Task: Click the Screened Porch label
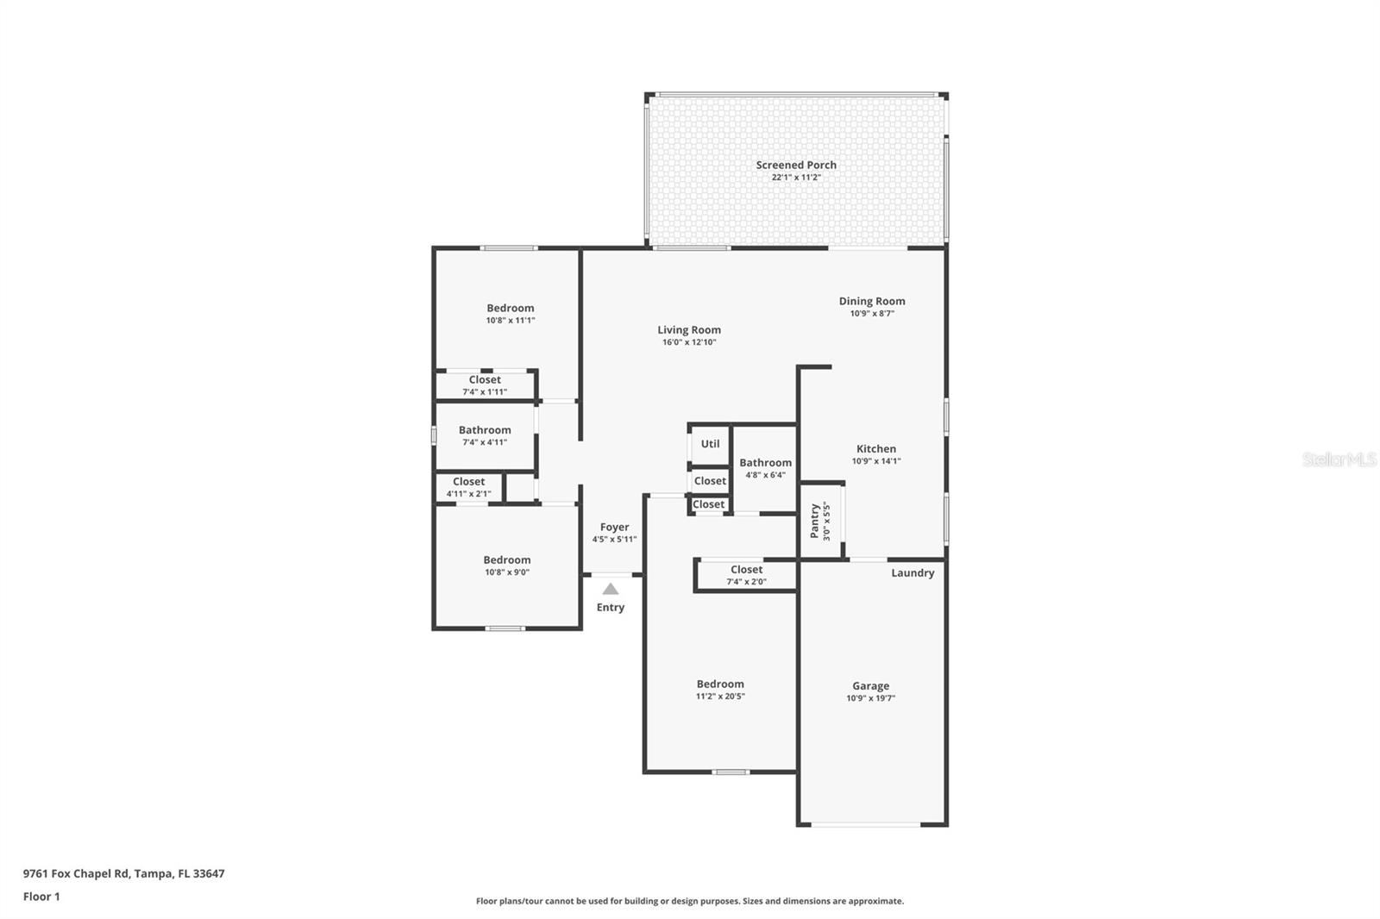tap(796, 165)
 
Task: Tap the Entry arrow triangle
tap(611, 589)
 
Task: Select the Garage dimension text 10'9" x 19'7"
tap(870, 698)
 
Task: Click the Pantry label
tap(815, 521)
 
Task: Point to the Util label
tap(710, 444)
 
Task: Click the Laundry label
tap(913, 573)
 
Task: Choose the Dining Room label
tap(872, 301)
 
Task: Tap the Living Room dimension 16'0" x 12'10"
tap(689, 342)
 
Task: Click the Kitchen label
tap(875, 448)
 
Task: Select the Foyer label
tap(614, 527)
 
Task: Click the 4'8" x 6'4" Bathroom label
tap(765, 463)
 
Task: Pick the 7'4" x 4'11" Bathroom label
tap(485, 430)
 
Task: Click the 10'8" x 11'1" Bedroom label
tap(510, 308)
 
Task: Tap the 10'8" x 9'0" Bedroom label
tap(506, 560)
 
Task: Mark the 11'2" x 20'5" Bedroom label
tap(720, 684)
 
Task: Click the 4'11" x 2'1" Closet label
tap(468, 482)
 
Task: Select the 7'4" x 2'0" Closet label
tap(746, 570)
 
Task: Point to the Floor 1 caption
tap(41, 897)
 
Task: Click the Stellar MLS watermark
tap(1339, 459)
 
